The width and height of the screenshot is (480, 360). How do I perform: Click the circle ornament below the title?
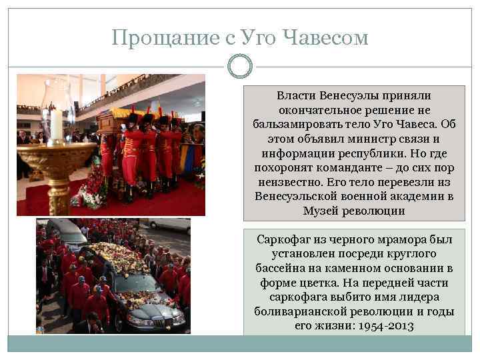pyautogui.click(x=239, y=66)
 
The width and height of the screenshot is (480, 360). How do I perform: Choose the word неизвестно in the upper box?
pyautogui.click(x=289, y=183)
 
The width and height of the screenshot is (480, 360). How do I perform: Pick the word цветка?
pyautogui.click(x=319, y=283)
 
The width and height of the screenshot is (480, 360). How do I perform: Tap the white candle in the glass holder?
pyautogui.click(x=57, y=123)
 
